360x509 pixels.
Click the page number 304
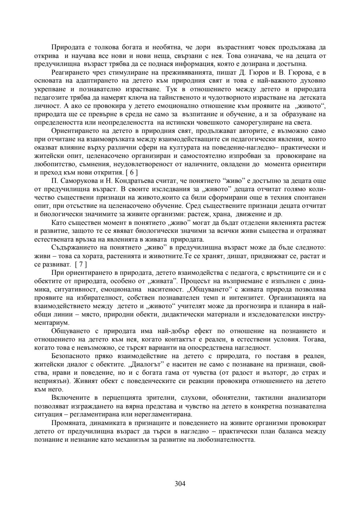coord(180,484)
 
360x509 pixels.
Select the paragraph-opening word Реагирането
coord(70,73)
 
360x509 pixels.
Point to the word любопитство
coord(53,164)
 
